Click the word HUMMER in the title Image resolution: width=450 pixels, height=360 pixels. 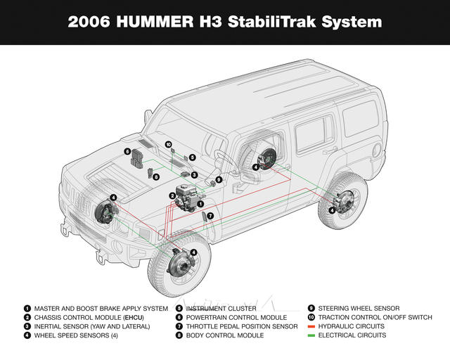pos(155,22)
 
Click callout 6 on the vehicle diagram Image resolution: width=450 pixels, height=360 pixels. pos(127,151)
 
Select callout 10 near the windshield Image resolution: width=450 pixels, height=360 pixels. pos(168,144)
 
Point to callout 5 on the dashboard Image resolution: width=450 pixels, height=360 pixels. pos(192,157)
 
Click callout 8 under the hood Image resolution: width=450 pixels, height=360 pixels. pos(156,177)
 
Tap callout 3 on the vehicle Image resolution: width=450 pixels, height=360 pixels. pos(194,175)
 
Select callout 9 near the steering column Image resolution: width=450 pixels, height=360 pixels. pos(219,180)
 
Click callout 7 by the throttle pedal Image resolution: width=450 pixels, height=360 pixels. pos(210,216)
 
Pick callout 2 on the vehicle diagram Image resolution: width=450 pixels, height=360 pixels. pos(172,195)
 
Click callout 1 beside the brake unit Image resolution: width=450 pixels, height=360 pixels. pos(200,204)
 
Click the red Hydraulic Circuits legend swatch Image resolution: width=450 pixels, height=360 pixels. pos(311,326)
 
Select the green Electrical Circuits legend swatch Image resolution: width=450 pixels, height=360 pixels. pos(311,335)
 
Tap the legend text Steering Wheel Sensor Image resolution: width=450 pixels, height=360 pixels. pos(359,309)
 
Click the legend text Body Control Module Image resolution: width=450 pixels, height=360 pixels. pos(225,335)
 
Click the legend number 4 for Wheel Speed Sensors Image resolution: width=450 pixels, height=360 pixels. pos(27,335)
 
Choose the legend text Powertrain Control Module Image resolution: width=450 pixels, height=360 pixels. pos(236,318)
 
